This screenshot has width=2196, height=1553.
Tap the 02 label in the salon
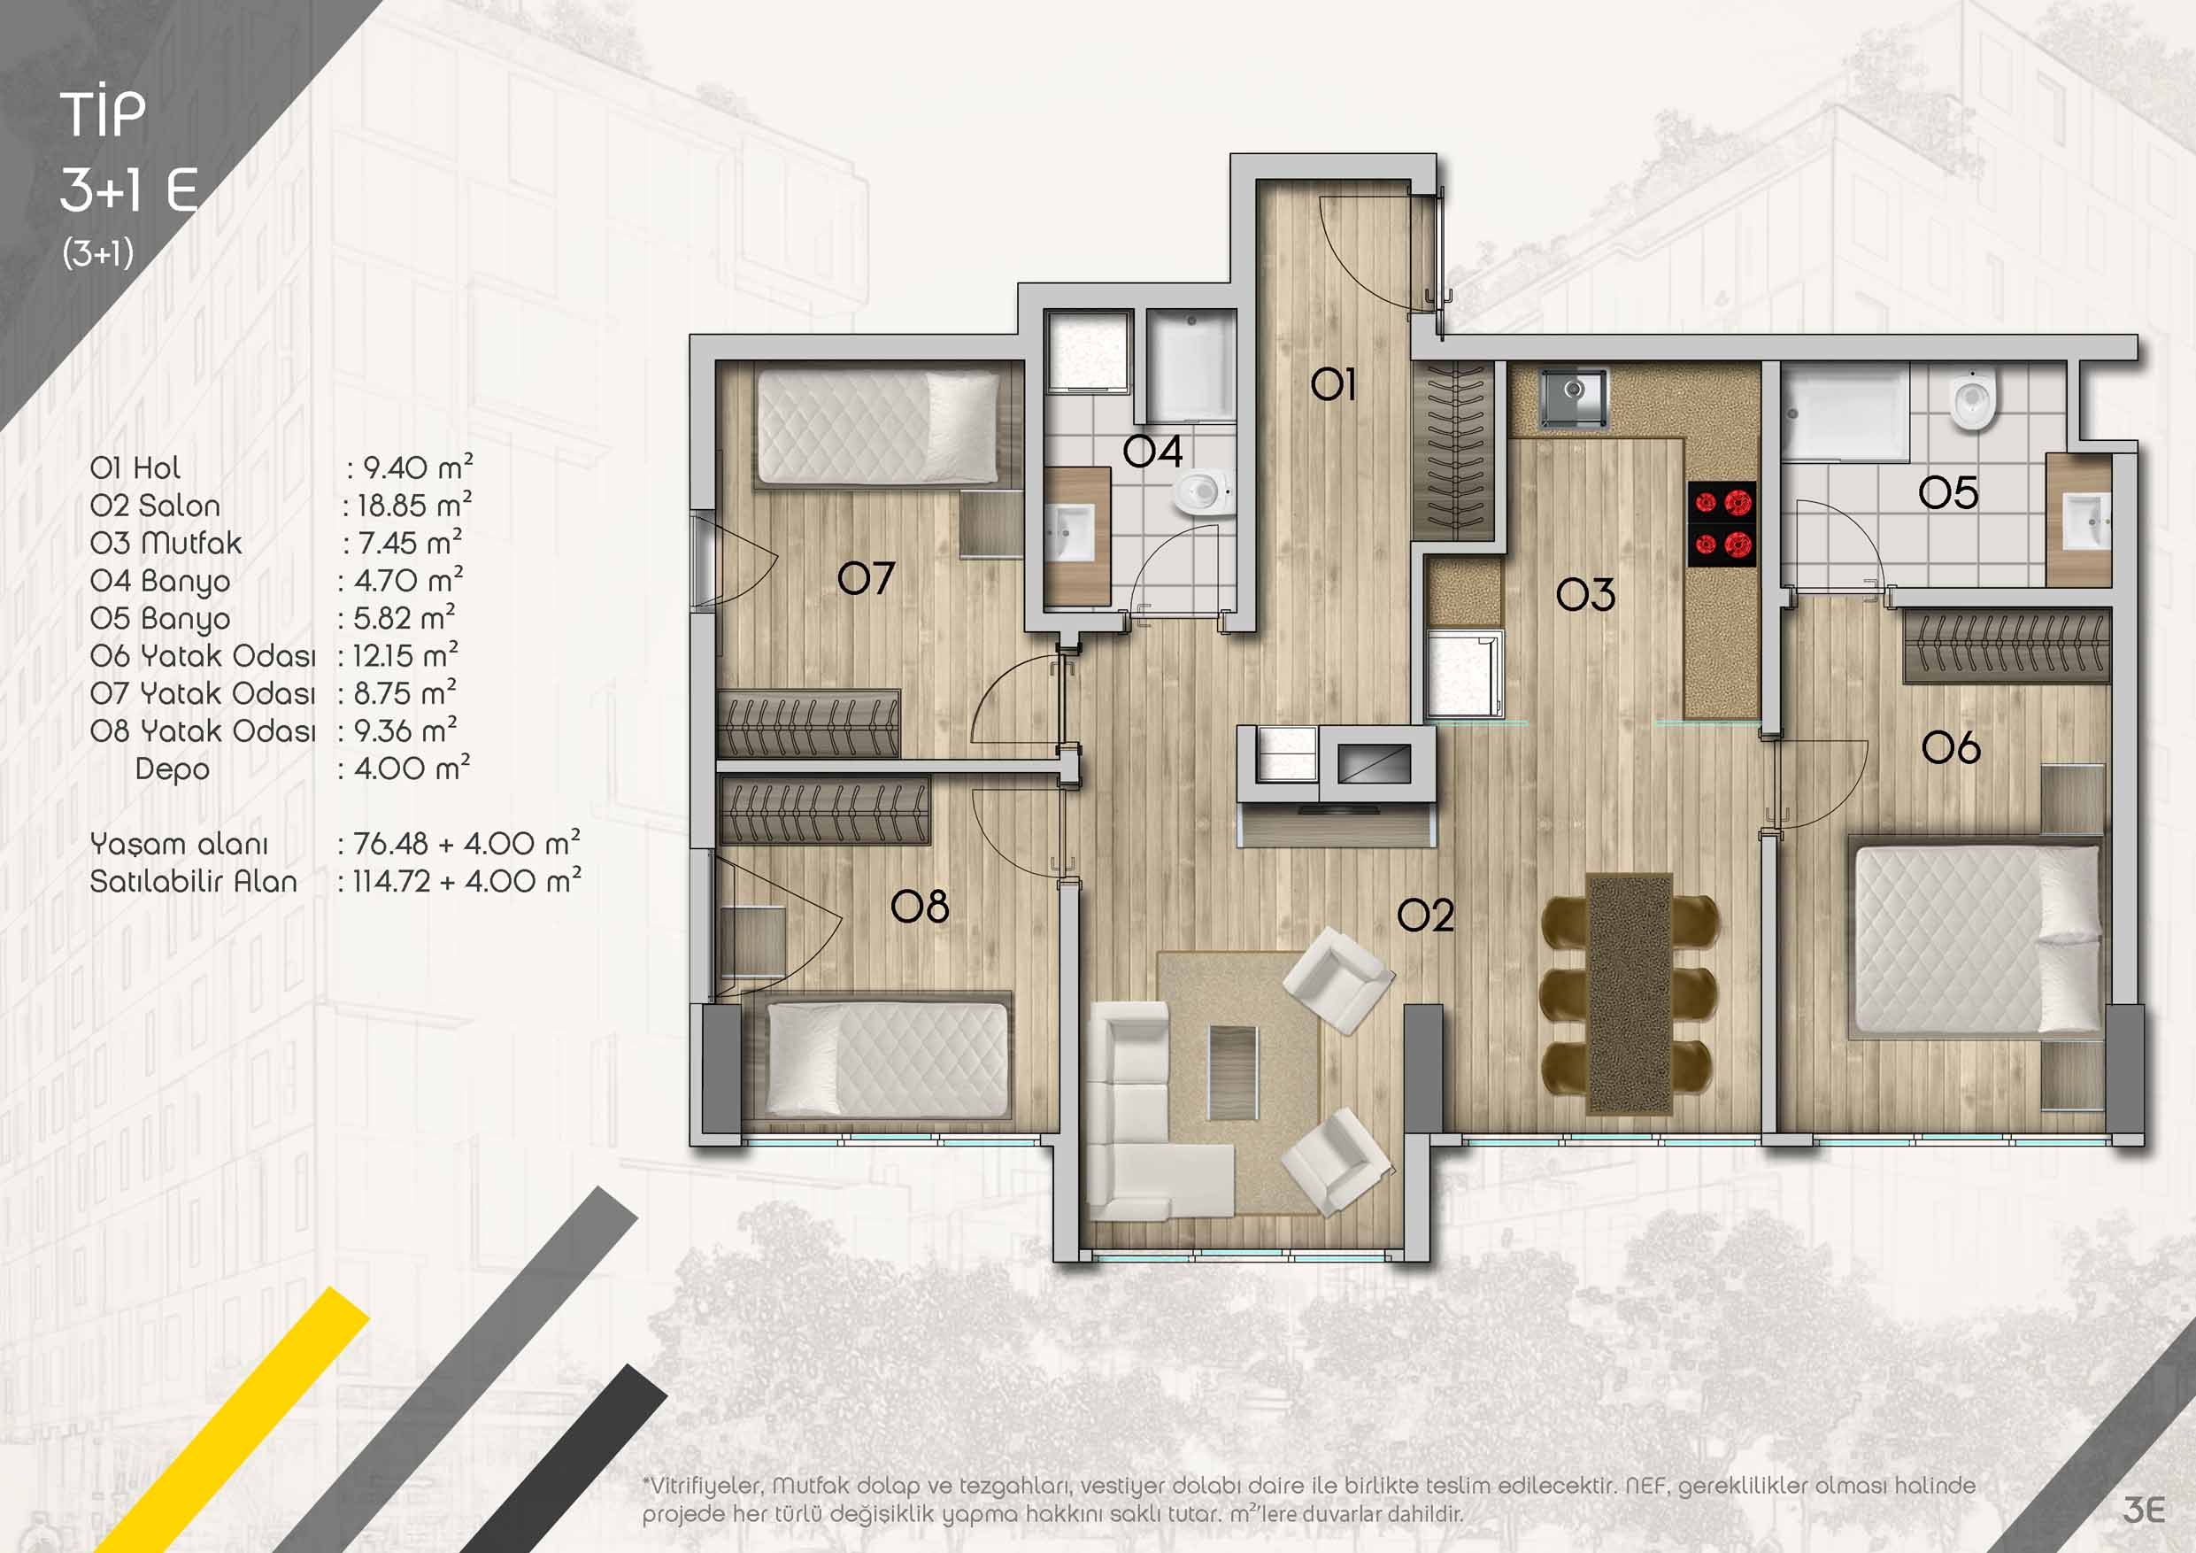click(1425, 915)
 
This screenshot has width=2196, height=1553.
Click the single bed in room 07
click(878, 426)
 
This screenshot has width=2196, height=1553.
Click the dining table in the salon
click(1629, 993)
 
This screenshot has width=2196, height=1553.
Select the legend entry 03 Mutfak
click(166, 543)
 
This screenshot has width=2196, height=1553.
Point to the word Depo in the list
click(173, 769)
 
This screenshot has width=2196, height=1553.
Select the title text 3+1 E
click(129, 190)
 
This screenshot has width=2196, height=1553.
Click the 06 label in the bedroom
click(1951, 747)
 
